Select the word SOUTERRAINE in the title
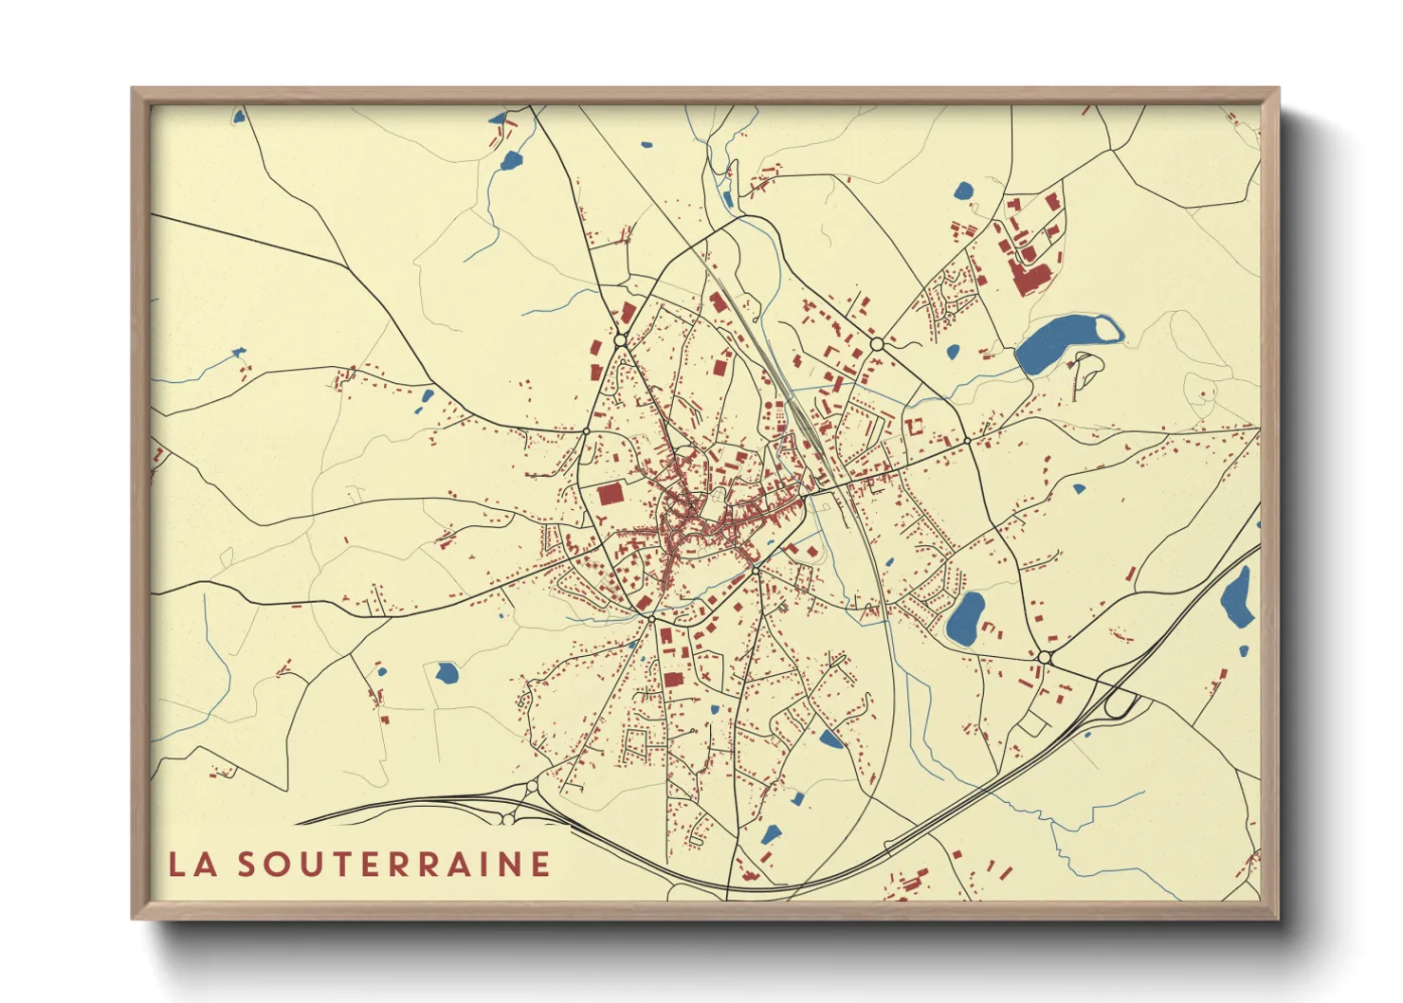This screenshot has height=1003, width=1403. click(393, 865)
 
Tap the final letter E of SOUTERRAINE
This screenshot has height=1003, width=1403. click(540, 865)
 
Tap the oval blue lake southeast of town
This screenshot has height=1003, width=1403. click(966, 618)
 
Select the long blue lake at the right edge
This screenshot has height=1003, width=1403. click(1237, 597)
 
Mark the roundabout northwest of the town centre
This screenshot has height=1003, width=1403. click(621, 338)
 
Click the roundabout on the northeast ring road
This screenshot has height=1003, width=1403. click(877, 343)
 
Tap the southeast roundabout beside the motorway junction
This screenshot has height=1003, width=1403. click(1045, 657)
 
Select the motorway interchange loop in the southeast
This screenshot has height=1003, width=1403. click(1121, 703)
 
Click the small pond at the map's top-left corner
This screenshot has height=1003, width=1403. click(239, 117)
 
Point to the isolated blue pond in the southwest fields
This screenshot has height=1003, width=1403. click(446, 673)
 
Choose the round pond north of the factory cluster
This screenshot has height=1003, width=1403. click(963, 191)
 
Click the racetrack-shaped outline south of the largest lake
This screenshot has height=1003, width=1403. click(1086, 372)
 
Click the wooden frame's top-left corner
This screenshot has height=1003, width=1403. click(134, 90)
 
